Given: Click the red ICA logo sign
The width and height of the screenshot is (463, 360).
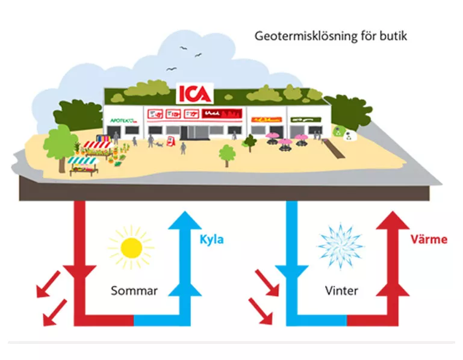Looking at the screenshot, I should [194, 94].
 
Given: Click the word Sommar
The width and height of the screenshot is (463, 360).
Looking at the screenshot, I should [134, 291].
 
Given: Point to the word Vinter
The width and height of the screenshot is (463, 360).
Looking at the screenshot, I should [341, 291].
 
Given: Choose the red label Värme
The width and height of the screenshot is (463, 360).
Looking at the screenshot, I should [429, 240].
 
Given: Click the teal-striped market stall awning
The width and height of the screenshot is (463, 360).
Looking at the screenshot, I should [81, 161].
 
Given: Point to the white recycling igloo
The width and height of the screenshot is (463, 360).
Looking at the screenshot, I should [347, 135].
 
